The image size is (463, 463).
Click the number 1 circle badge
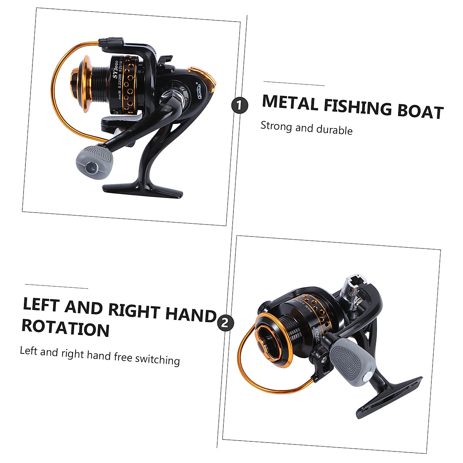pyautogui.click(x=239, y=105)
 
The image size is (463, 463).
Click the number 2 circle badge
pyautogui.click(x=226, y=323)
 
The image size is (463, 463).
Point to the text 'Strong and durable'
pyautogui.click(x=306, y=128)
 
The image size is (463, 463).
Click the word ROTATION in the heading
pyautogui.click(x=65, y=328)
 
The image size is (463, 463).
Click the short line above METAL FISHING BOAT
pyautogui.click(x=294, y=84)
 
